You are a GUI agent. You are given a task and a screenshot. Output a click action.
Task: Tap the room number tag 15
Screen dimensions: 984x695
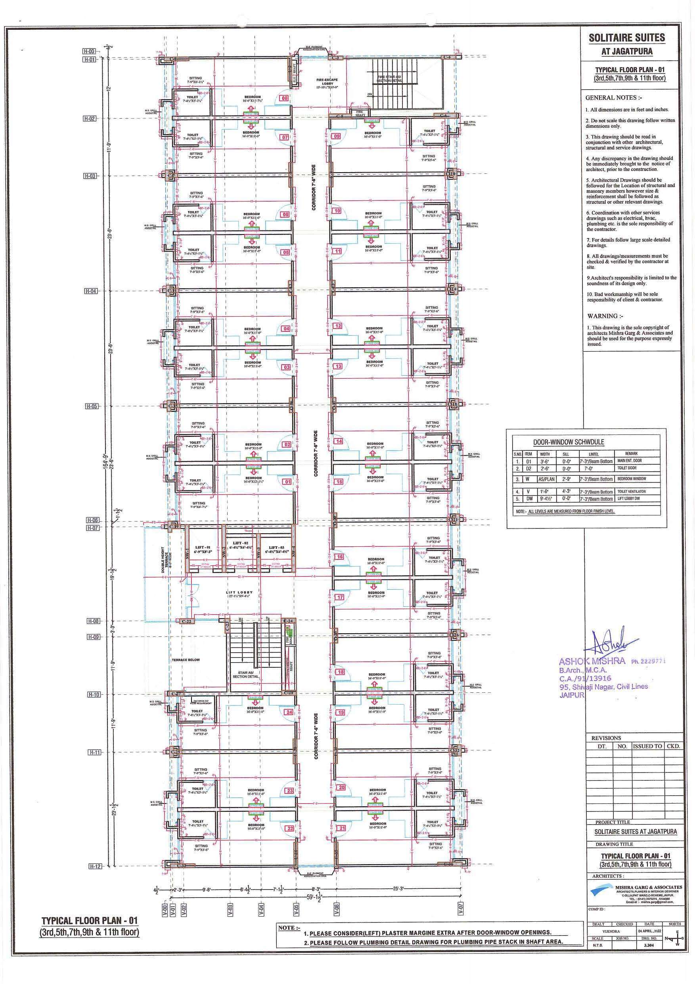(x=339, y=481)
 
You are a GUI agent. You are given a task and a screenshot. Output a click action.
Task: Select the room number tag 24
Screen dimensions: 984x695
(x=289, y=712)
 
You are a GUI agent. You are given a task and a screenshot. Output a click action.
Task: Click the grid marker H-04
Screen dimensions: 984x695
(x=92, y=291)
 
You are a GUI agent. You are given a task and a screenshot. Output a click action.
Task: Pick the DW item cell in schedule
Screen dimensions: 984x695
(x=529, y=499)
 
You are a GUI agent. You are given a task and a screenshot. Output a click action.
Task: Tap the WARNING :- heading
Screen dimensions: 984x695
(x=603, y=316)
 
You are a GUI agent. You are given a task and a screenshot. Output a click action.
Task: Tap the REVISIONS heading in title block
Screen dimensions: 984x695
(x=606, y=738)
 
